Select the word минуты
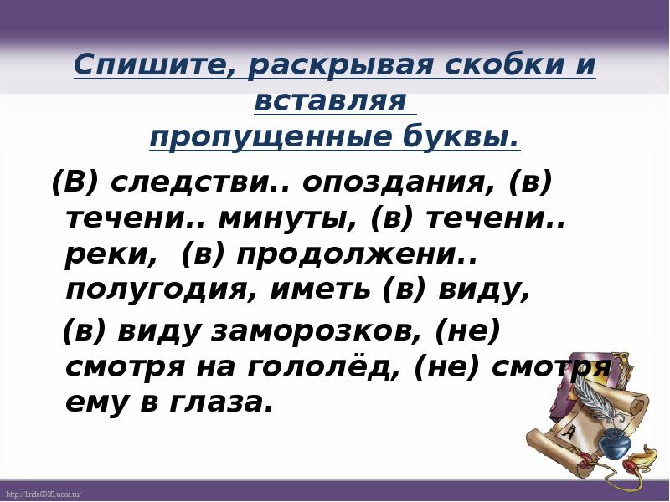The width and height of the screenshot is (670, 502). pyautogui.click(x=283, y=218)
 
